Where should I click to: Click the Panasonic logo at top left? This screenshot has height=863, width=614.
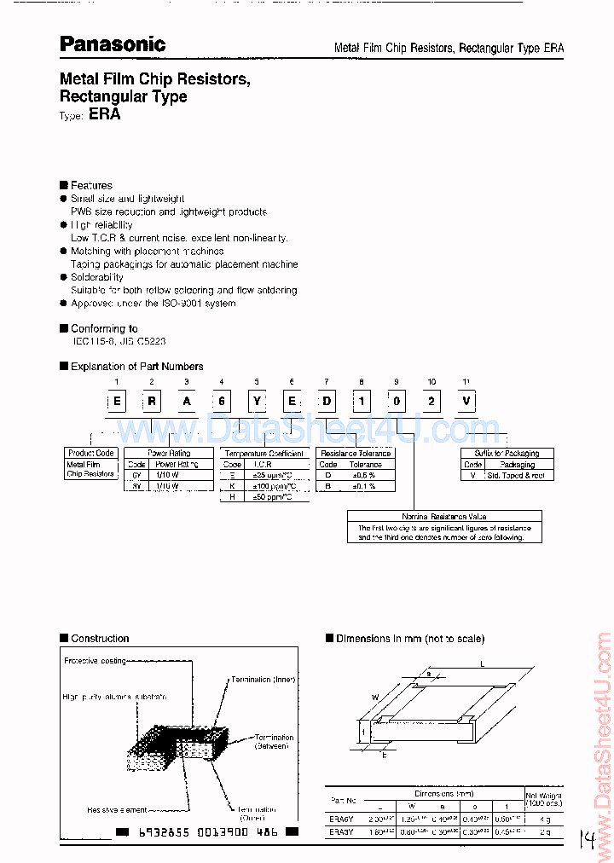point(113,44)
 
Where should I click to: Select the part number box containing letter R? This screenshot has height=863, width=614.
point(152,401)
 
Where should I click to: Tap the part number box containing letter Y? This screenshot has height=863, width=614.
point(257,401)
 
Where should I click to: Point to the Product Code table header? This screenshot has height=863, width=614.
point(91,453)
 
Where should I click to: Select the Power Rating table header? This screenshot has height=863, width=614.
point(169,453)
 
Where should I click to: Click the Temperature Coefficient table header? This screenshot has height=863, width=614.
point(264,454)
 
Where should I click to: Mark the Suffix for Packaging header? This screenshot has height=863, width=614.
point(507,453)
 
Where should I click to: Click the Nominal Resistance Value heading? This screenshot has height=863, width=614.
point(444,517)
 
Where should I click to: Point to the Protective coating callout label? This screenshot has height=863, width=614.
point(96,661)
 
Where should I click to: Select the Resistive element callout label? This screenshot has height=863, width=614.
point(117,809)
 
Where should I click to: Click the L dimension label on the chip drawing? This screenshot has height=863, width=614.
point(482,663)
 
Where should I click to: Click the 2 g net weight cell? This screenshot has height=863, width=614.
point(545,831)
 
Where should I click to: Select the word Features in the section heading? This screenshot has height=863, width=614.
point(91,185)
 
